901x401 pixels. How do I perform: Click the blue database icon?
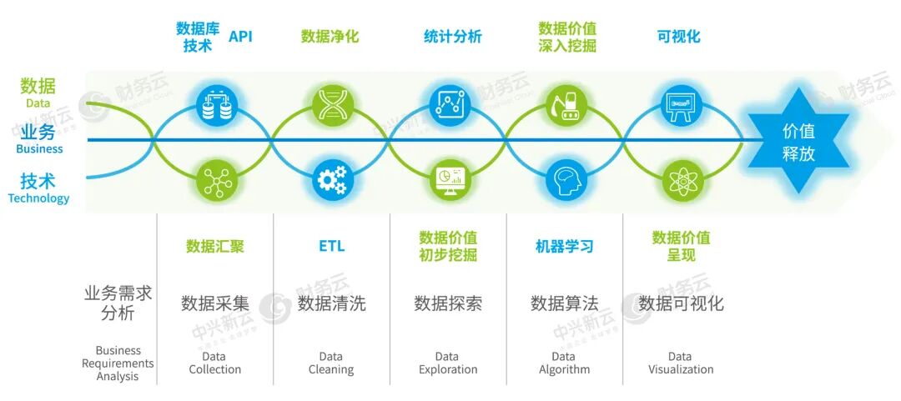(213, 104)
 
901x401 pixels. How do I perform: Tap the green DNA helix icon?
(333, 104)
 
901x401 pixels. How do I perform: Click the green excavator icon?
(564, 104)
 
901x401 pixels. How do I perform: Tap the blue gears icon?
(333, 179)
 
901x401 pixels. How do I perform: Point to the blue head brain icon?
(564, 179)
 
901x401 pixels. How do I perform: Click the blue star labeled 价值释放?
(798, 142)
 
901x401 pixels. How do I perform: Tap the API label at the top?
(241, 37)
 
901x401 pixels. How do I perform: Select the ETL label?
(332, 246)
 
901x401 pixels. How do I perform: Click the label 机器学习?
(564, 247)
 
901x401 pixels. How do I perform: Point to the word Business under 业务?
(40, 148)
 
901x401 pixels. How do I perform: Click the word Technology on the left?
(38, 198)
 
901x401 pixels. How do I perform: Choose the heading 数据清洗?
(331, 303)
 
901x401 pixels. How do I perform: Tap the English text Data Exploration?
(448, 363)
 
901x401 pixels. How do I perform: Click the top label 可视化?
(678, 37)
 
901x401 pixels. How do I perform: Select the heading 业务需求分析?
(118, 304)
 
